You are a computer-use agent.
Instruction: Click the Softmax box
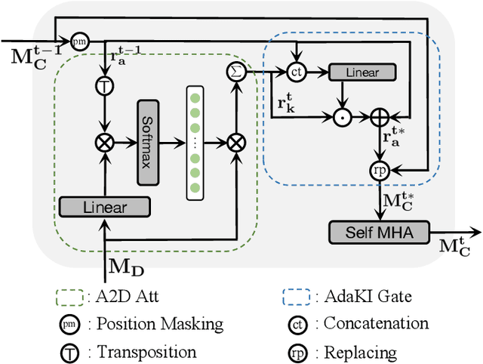149,140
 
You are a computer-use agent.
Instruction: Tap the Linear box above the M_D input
104,207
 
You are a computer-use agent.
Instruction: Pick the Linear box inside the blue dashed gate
361,72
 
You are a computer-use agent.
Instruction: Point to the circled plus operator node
377,116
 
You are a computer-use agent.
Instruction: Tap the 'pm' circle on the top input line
78,41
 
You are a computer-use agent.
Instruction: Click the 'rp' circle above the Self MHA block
377,170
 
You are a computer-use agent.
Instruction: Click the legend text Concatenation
376,323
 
